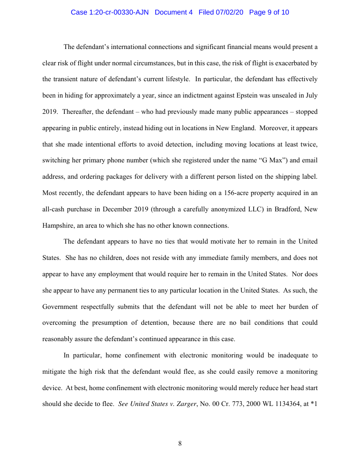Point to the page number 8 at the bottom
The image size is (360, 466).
(x=180, y=443)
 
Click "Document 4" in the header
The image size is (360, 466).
(x=174, y=12)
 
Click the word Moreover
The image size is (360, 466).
(x=275, y=128)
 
